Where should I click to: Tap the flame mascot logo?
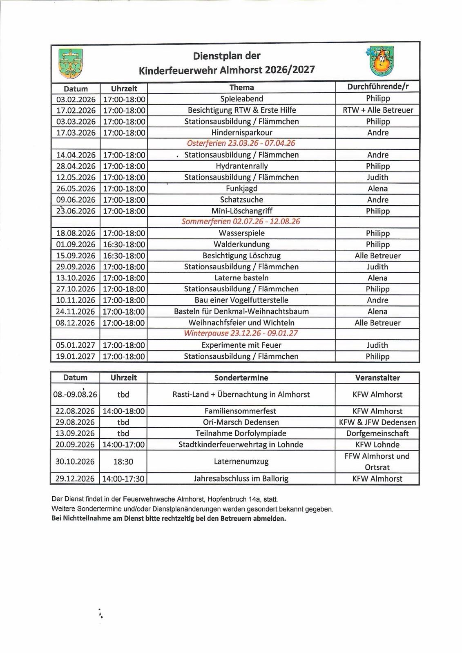click(x=382, y=62)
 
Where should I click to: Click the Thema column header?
click(x=241, y=88)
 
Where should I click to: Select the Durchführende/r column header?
click(x=377, y=87)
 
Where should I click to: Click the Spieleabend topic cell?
click(x=241, y=99)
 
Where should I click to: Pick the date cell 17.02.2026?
click(x=76, y=110)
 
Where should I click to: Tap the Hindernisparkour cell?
click(x=241, y=133)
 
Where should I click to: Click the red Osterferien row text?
click(x=241, y=144)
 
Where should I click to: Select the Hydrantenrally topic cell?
click(x=241, y=166)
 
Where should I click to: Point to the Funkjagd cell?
click(x=241, y=189)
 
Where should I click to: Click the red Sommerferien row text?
click(x=241, y=222)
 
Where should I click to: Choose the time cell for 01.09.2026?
click(x=124, y=244)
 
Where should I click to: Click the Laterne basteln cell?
click(x=241, y=278)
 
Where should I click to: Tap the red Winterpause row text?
click(x=241, y=333)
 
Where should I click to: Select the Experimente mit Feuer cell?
click(x=241, y=345)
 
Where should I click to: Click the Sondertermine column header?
click(x=241, y=378)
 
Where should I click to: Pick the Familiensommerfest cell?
click(x=241, y=411)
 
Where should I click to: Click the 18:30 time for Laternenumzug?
click(x=123, y=462)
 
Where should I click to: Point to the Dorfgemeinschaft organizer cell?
click(x=377, y=433)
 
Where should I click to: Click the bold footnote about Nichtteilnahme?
click(x=169, y=519)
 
